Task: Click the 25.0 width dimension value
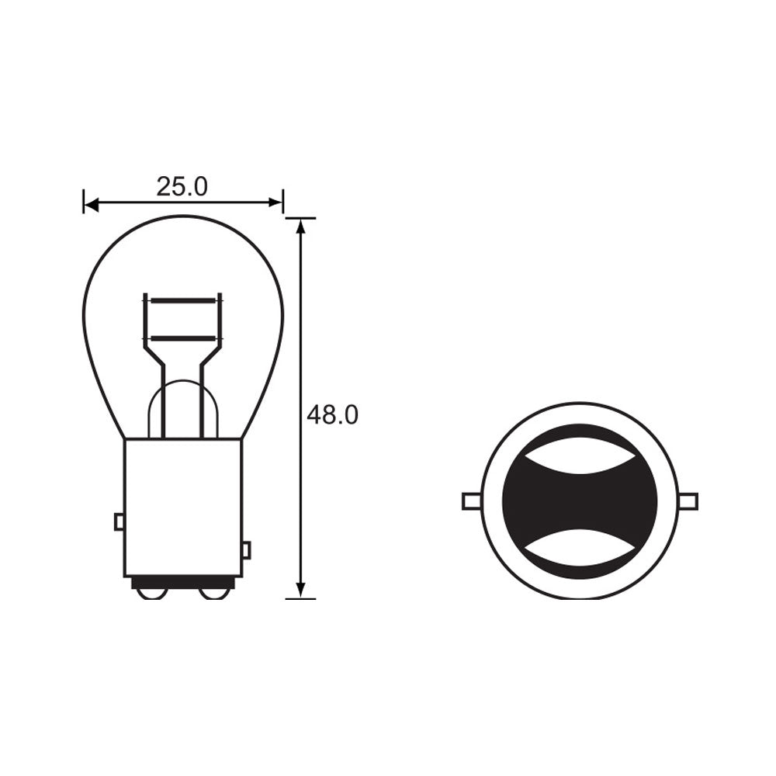tap(182, 186)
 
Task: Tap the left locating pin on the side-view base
tap(119, 521)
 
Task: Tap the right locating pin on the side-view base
tap(246, 550)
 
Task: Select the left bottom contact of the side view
tap(150, 594)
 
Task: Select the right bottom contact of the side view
tap(211, 594)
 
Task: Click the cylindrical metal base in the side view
tap(182, 504)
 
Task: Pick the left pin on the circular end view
tap(471, 501)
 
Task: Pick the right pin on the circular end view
tap(688, 501)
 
